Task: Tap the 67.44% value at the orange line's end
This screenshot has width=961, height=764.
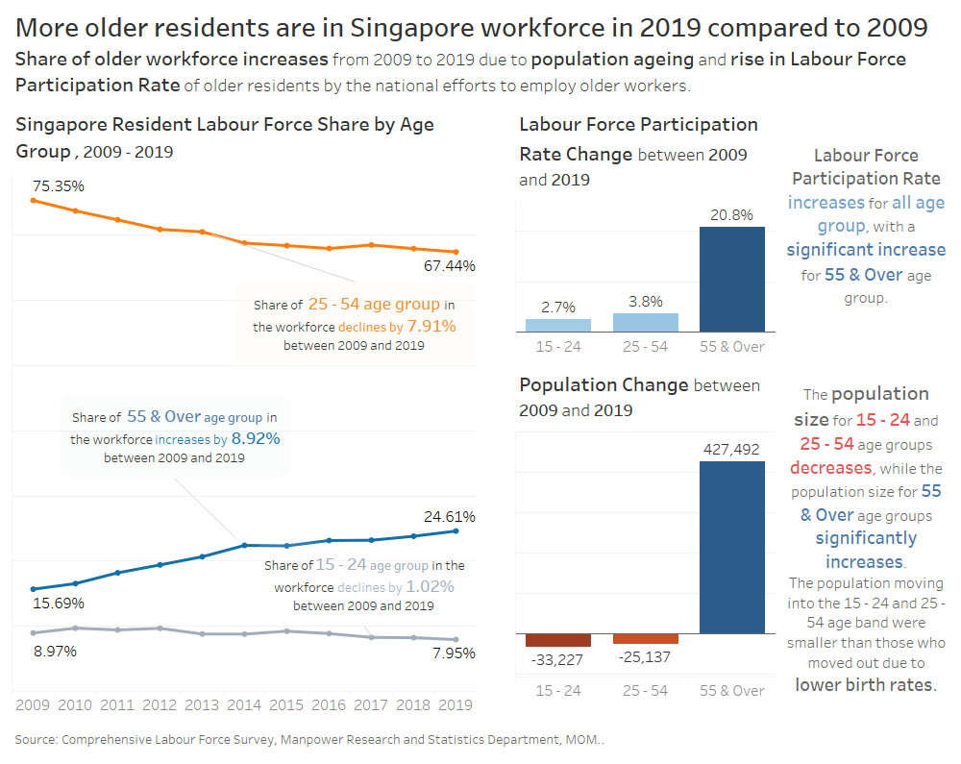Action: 450,265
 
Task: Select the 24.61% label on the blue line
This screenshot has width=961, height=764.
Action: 450,516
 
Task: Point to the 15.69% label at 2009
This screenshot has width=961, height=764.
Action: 58,604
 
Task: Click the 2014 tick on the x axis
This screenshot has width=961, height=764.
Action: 244,704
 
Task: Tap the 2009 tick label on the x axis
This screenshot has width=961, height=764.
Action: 33,704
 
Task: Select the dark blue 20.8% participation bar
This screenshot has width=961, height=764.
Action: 732,280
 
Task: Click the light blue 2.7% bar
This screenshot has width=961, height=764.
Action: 558,325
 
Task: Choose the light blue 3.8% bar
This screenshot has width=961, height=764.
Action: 646,322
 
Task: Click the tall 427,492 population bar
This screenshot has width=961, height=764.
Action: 732,547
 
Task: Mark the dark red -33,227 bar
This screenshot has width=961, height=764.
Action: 558,640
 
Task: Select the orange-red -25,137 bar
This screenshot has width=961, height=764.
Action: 646,639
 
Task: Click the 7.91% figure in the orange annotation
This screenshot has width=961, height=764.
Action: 431,327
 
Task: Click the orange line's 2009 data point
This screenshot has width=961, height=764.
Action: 33,200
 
